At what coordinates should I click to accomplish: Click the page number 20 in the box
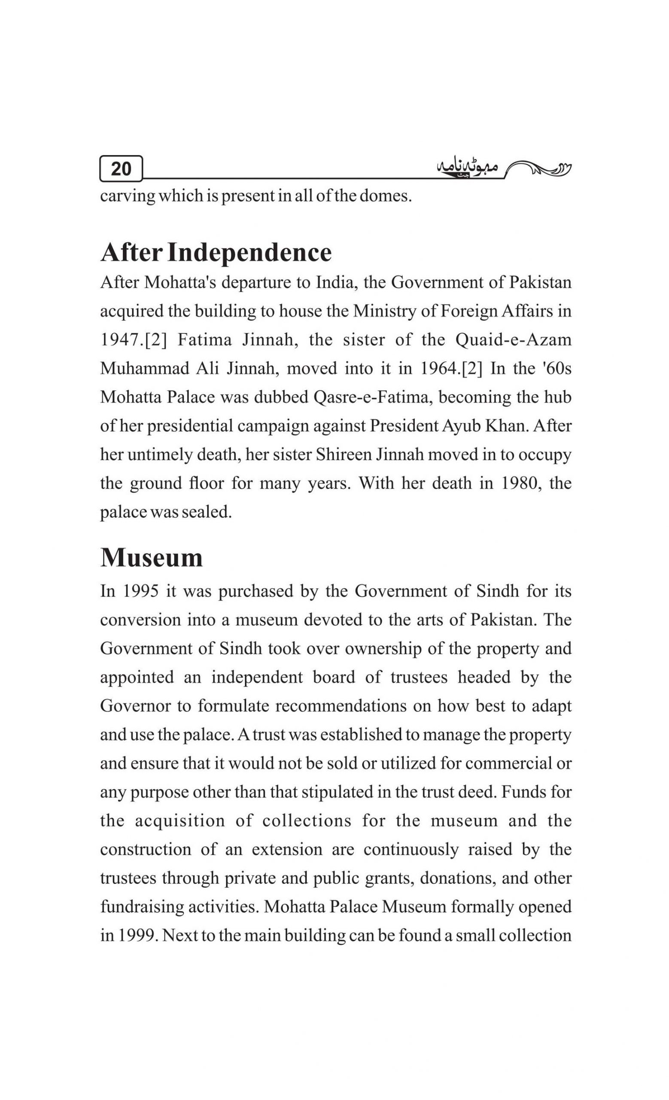[121, 169]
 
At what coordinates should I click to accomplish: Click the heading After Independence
[216, 253]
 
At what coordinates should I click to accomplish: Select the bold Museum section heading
[151, 558]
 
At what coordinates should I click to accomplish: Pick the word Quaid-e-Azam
[514, 340]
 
